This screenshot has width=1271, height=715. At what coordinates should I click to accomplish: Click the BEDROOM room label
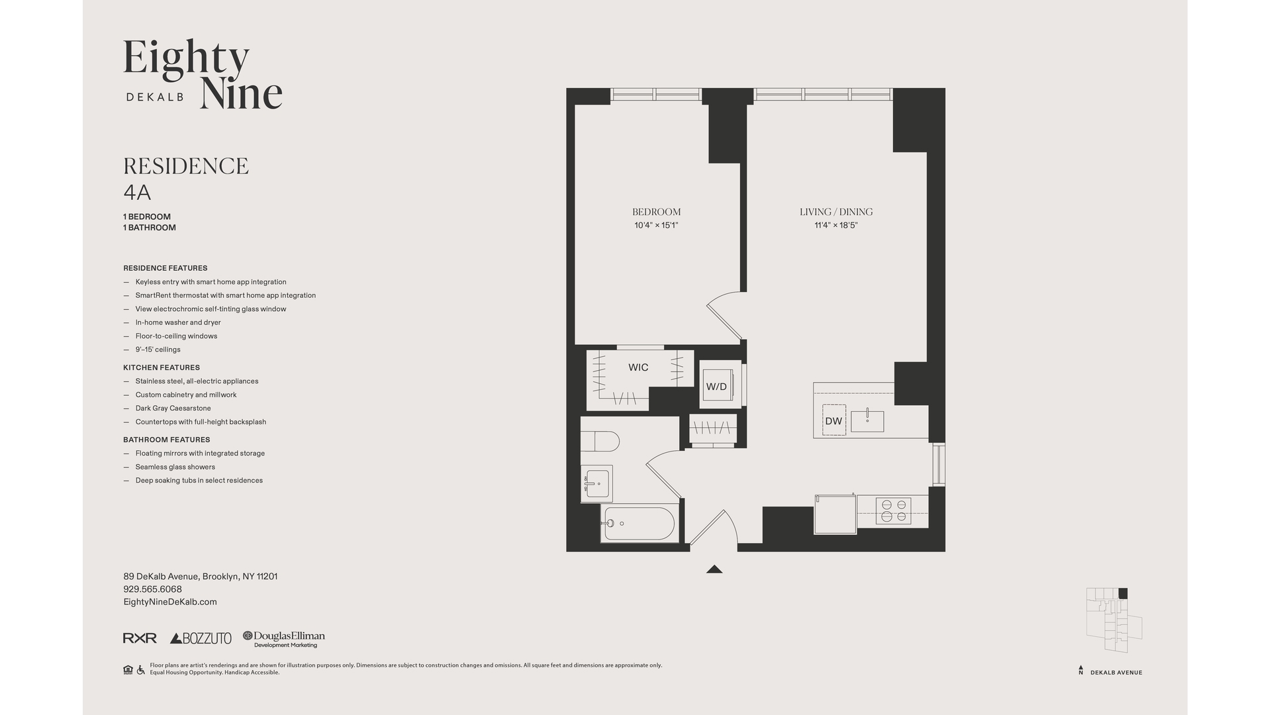[x=656, y=212]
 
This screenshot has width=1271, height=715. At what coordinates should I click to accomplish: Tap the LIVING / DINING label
[x=836, y=212]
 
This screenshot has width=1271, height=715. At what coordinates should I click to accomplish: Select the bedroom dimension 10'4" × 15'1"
[x=656, y=226]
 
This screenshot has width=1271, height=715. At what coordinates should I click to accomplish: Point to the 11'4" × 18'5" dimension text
[x=836, y=226]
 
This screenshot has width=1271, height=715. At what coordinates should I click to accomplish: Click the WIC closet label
[x=638, y=367]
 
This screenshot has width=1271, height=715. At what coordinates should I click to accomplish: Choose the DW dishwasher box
[x=834, y=420]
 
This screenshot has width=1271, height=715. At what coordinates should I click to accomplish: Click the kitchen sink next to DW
[x=867, y=420]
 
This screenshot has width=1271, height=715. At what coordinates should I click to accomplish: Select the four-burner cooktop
[x=893, y=510]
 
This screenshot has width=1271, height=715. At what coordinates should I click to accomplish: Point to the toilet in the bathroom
[x=600, y=441]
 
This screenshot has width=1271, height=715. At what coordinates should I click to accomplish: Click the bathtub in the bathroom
[x=639, y=524]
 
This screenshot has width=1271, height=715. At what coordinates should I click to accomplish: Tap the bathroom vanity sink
[x=596, y=483]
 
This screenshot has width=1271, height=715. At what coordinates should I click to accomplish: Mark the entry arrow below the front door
[x=714, y=569]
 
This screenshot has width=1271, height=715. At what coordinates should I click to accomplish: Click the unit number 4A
[x=137, y=193]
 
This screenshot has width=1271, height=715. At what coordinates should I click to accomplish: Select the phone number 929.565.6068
[x=152, y=589]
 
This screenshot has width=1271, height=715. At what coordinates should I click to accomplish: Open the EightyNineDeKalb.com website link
[x=170, y=602]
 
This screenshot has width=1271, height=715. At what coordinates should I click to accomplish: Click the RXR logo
[x=140, y=638]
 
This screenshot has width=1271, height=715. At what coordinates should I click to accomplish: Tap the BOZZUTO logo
[x=201, y=638]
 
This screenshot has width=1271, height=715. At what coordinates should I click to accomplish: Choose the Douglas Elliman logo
[x=284, y=639]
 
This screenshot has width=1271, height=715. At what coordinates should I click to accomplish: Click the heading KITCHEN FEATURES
[x=162, y=367]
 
